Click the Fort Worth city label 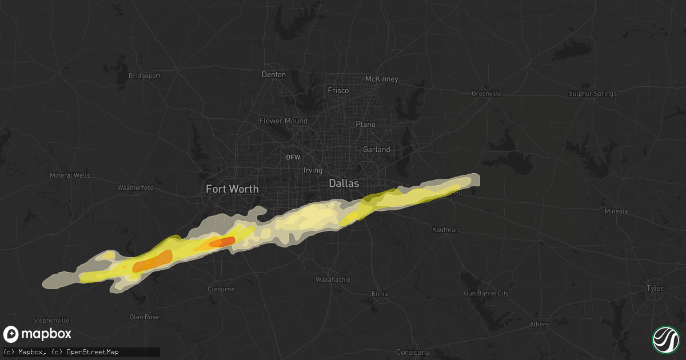pyautogui.click(x=232, y=189)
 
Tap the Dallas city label pyautogui.click(x=344, y=183)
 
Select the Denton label pyautogui.click(x=273, y=74)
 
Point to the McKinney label pyautogui.click(x=381, y=79)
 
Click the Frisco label pyautogui.click(x=338, y=90)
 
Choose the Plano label pyautogui.click(x=365, y=125)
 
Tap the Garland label pyautogui.click(x=376, y=150)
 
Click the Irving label pyautogui.click(x=313, y=170)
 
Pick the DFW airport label pyautogui.click(x=293, y=157)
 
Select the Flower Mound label pyautogui.click(x=283, y=121)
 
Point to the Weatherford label pyautogui.click(x=135, y=187)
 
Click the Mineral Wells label pyautogui.click(x=70, y=175)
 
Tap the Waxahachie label pyautogui.click(x=333, y=279)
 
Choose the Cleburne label pyautogui.click(x=221, y=289)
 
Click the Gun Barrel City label pyautogui.click(x=486, y=294)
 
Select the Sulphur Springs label pyautogui.click(x=593, y=94)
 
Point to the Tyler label pyautogui.click(x=655, y=288)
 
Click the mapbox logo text pyautogui.click(x=46, y=334)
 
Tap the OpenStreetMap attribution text pyautogui.click(x=93, y=352)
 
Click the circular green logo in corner pyautogui.click(x=665, y=339)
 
